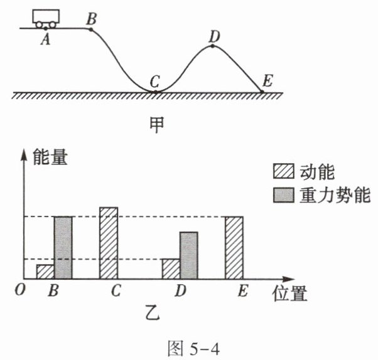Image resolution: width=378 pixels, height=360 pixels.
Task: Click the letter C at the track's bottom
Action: coord(154,82)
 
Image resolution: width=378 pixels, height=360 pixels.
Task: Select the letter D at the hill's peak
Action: coord(214,36)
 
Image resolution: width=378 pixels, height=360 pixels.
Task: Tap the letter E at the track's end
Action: coord(267,81)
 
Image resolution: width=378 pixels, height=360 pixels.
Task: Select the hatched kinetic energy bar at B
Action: coord(45,272)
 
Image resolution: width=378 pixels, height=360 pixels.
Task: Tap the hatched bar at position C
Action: coord(109,243)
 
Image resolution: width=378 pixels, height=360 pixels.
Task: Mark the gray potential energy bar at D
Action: coord(188,255)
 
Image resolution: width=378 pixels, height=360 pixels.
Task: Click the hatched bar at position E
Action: coord(234,248)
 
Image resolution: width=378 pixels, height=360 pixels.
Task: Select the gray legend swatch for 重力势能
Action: coord(283,195)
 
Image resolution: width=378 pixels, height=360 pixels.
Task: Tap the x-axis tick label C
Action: coord(116,292)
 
